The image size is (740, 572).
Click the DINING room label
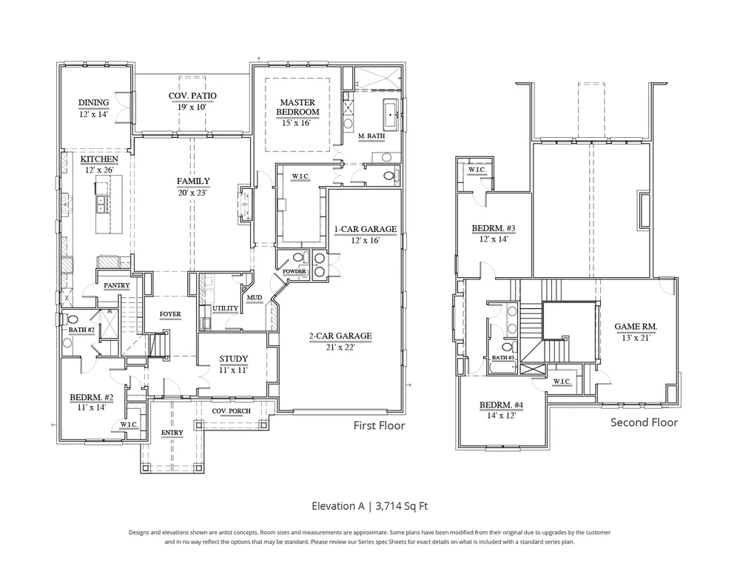[93, 102]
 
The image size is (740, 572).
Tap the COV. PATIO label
[192, 96]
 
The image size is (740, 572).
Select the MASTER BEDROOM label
[297, 107]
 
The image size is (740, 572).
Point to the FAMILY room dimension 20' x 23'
[192, 193]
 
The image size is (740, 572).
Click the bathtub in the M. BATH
[391, 114]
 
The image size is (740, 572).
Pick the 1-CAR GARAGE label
[366, 229]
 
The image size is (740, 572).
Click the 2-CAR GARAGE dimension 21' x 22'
[340, 347]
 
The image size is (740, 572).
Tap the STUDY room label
[234, 359]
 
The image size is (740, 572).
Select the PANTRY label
[117, 285]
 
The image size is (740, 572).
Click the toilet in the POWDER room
[297, 259]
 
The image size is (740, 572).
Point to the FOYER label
[170, 314]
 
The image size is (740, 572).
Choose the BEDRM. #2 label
[92, 398]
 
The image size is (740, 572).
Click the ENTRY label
[172, 433]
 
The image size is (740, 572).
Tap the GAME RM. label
[636, 327]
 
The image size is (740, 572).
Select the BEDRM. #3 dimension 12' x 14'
[494, 239]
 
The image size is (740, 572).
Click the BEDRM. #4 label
[501, 405]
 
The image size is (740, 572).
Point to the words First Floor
[379, 426]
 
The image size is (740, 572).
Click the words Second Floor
[645, 422]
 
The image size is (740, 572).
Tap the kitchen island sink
[101, 204]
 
